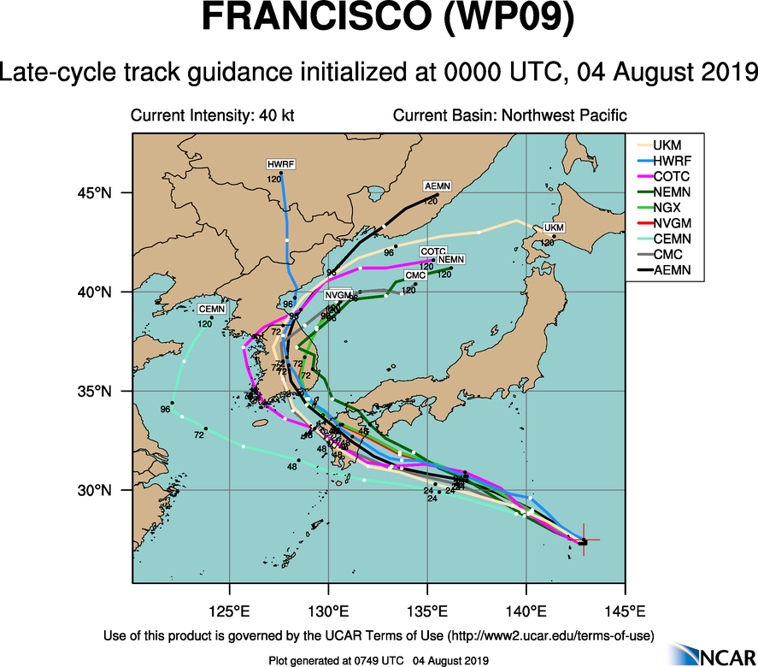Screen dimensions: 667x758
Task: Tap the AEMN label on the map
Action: (438, 186)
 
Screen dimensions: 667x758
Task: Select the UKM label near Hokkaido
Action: (555, 227)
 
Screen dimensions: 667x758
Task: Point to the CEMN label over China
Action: (210, 309)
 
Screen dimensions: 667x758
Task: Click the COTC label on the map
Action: (433, 251)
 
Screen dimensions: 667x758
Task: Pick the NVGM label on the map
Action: (338, 295)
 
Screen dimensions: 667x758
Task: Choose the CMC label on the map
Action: (415, 275)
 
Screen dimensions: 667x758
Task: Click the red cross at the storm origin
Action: (584, 540)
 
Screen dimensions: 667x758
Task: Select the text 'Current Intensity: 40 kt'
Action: (212, 115)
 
